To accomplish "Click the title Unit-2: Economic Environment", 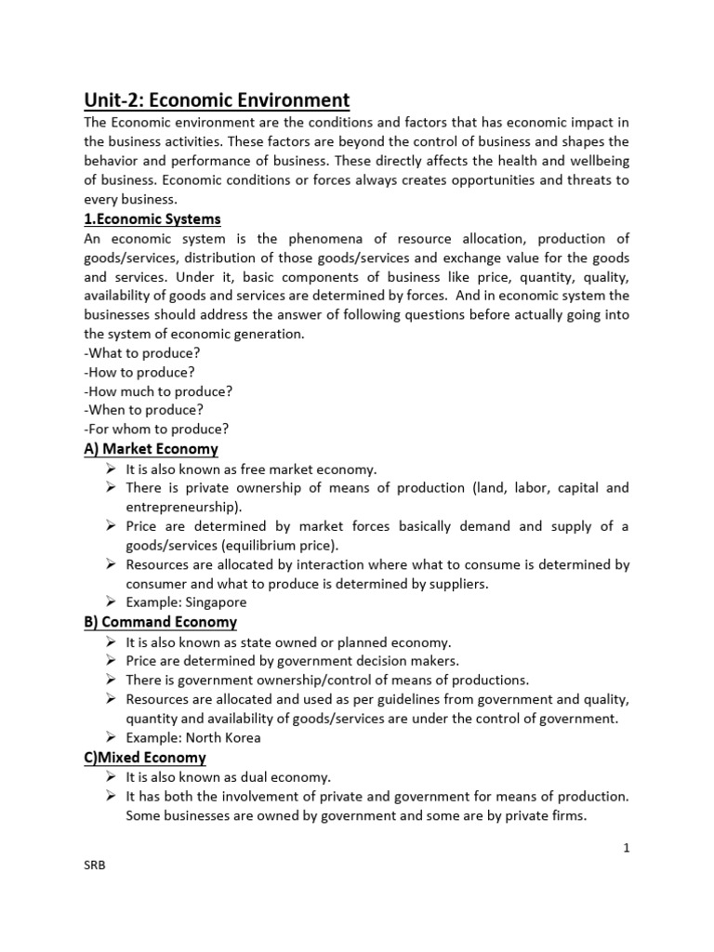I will (217, 99).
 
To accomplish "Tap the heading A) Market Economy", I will (151, 449).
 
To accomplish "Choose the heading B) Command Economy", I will (160, 622).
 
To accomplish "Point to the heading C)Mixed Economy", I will (145, 758).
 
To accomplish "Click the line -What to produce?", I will (142, 353).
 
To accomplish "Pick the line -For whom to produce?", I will (156, 430).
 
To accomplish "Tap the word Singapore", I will (213, 602).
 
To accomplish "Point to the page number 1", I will (626, 848).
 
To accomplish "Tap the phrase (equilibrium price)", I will (282, 546).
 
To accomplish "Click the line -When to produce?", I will (143, 410).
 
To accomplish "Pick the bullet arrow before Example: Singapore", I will (111, 602).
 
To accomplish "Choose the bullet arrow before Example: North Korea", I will (111, 738).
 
